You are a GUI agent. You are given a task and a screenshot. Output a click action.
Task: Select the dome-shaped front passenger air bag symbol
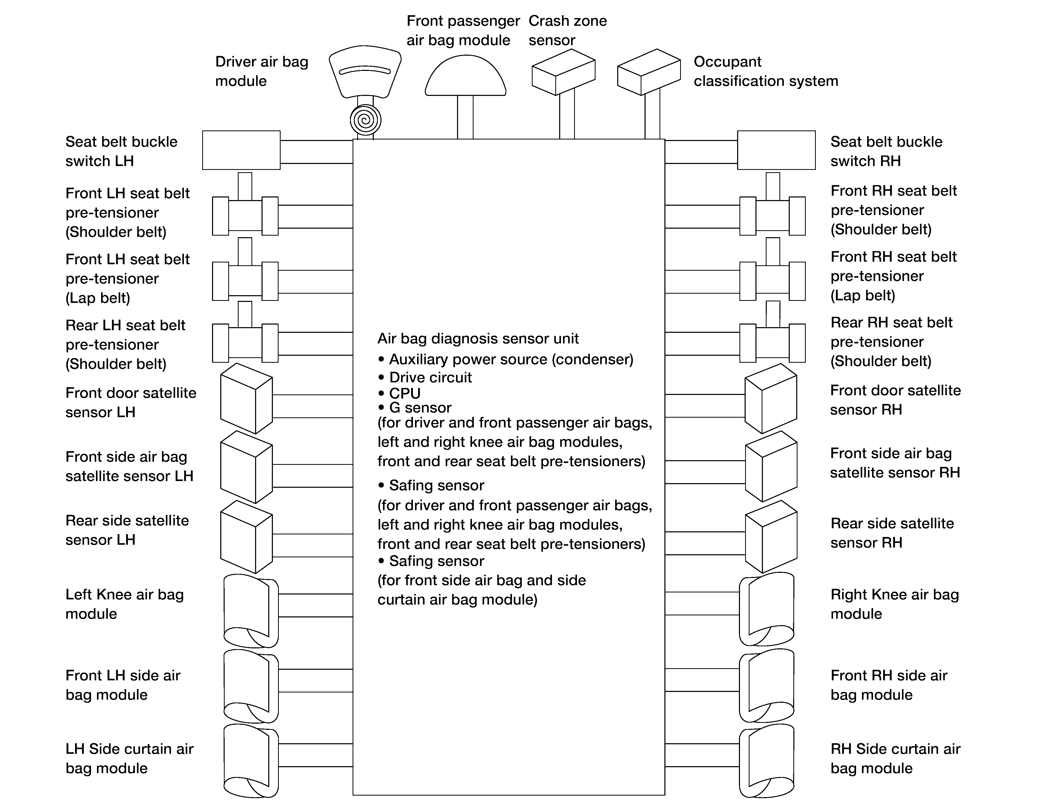pos(465,75)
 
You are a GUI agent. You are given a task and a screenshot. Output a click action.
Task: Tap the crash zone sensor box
pos(564,72)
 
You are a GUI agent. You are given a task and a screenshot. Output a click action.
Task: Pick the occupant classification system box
pos(649,72)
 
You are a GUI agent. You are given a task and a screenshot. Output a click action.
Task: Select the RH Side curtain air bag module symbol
pos(767,761)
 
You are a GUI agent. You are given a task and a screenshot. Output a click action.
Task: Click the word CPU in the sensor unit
pos(405,393)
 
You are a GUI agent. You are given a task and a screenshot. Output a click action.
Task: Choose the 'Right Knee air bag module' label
pos(894,604)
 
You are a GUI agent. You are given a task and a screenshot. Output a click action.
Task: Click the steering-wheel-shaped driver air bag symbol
pos(365,71)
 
